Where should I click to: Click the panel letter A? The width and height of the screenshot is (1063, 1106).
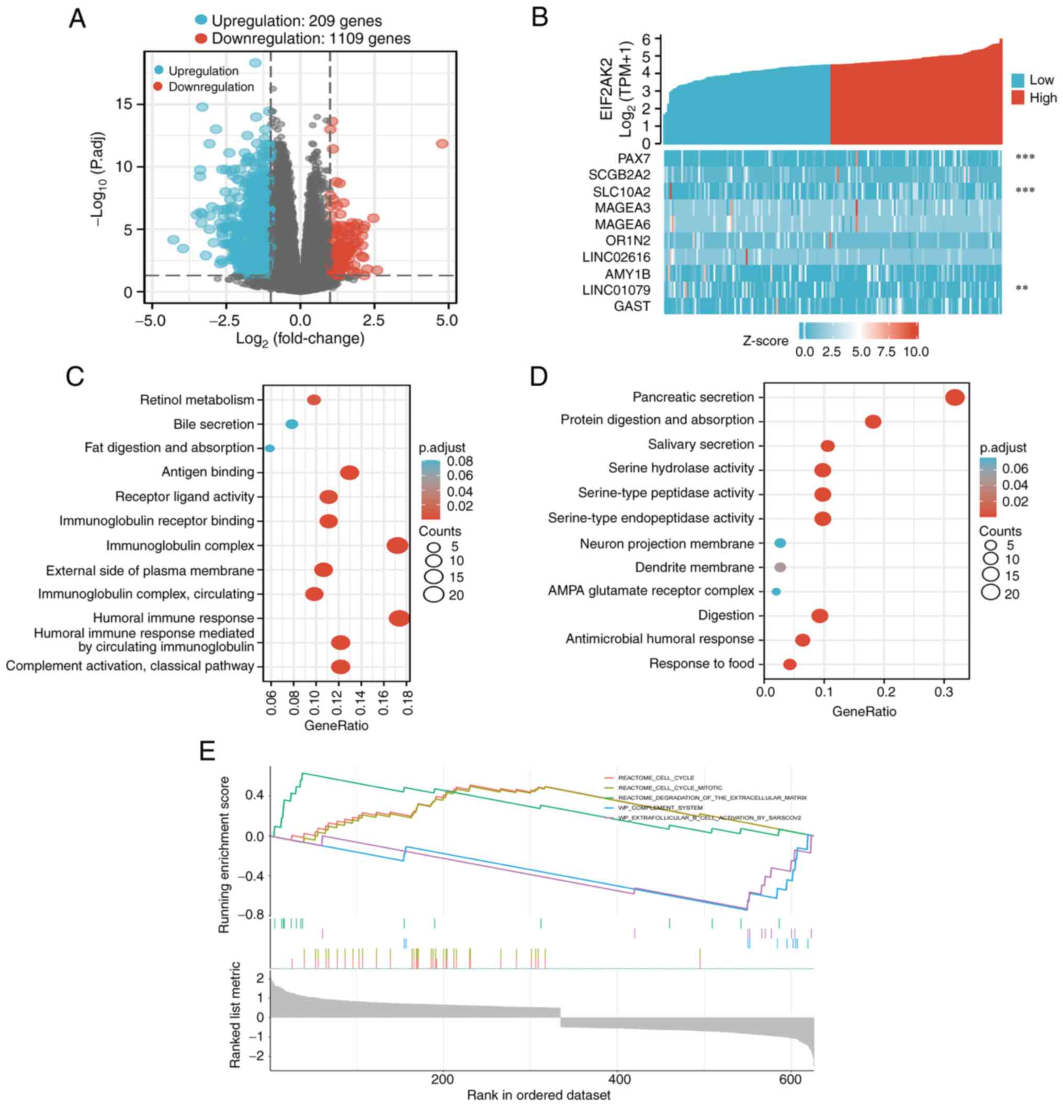[x=77, y=19]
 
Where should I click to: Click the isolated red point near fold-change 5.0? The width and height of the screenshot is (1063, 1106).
[x=442, y=144]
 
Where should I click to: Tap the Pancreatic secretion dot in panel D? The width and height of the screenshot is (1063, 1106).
[x=955, y=397]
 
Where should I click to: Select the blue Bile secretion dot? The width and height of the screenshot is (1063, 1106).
[x=291, y=424]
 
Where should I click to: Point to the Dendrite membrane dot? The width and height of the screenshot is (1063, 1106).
[x=780, y=567]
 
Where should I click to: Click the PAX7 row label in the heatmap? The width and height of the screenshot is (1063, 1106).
[x=634, y=158]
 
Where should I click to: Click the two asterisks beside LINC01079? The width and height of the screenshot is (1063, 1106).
[x=1021, y=289]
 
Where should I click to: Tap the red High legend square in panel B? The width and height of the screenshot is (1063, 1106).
[x=1017, y=98]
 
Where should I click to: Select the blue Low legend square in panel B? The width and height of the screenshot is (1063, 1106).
[x=1017, y=80]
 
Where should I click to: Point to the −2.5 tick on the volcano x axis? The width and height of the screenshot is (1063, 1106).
[x=225, y=320]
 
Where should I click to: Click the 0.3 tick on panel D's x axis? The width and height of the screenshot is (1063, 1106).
[x=943, y=691]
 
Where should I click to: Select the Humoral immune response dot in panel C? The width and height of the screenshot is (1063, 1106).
[x=399, y=619]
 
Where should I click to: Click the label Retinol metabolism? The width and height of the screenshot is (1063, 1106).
[x=197, y=400]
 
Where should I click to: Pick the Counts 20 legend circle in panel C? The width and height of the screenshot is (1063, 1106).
[x=434, y=595]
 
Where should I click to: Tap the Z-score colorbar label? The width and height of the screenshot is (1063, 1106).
[x=765, y=341]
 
